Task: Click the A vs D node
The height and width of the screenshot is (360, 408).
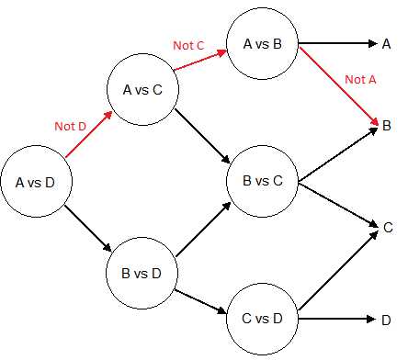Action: [36, 182]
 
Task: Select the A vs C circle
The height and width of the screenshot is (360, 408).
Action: [142, 90]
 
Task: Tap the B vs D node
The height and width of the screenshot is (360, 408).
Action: [142, 273]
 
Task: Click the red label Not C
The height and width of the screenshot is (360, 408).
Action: [189, 44]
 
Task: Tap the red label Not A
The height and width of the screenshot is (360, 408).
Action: [355, 79]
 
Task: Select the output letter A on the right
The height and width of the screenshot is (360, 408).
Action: [387, 43]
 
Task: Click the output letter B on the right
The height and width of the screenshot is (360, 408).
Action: [387, 124]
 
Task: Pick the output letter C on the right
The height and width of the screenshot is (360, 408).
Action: [387, 226]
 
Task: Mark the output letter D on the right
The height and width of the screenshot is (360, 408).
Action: [387, 320]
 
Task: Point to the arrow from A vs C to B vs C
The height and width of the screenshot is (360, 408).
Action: [202, 136]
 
